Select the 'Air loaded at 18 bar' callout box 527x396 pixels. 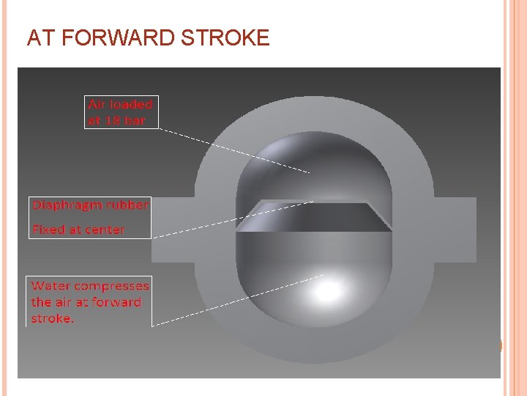pyautogui.click(x=121, y=112)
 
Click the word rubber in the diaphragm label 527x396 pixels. pyautogui.click(x=129, y=205)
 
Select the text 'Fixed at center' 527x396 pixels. pyautogui.click(x=78, y=230)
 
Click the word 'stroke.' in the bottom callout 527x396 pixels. pyautogui.click(x=53, y=318)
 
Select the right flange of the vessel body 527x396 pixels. pyautogui.click(x=454, y=229)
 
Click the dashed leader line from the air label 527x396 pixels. pyautogui.click(x=234, y=151)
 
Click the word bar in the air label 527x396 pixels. pyautogui.click(x=136, y=120)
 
